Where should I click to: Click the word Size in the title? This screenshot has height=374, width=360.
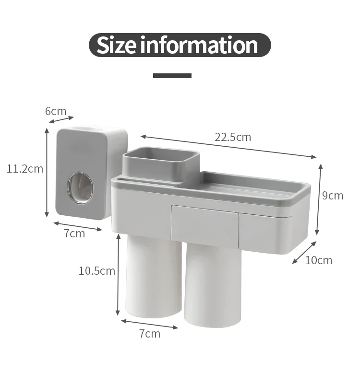pyautogui.click(x=117, y=45)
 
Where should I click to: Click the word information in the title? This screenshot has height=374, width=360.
pyautogui.click(x=199, y=45)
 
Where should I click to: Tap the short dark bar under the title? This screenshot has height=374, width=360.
pyautogui.click(x=172, y=76)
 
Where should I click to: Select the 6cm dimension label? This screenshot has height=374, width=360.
pyautogui.click(x=56, y=111)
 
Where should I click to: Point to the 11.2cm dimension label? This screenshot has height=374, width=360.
pyautogui.click(x=25, y=169)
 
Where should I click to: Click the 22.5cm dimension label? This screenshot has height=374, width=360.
pyautogui.click(x=233, y=137)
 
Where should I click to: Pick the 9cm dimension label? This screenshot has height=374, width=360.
pyautogui.click(x=333, y=196)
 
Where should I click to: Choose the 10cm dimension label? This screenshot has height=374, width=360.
pyautogui.click(x=319, y=260)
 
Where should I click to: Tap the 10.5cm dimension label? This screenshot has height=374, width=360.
pyautogui.click(x=97, y=271)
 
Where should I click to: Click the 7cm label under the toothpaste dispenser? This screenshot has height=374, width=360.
pyautogui.click(x=74, y=234)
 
